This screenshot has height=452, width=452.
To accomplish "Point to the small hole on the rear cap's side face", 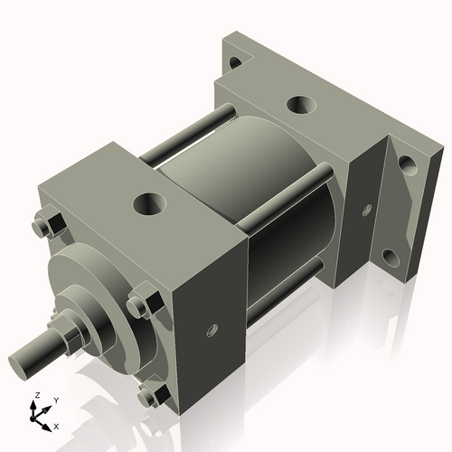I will (366, 210).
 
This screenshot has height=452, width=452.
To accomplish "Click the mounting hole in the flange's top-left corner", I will (234, 63).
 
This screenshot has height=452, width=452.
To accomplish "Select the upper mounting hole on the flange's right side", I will (406, 165).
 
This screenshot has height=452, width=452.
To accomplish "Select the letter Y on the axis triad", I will (55, 399).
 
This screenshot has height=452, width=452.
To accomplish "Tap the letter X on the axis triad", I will (56, 425).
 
